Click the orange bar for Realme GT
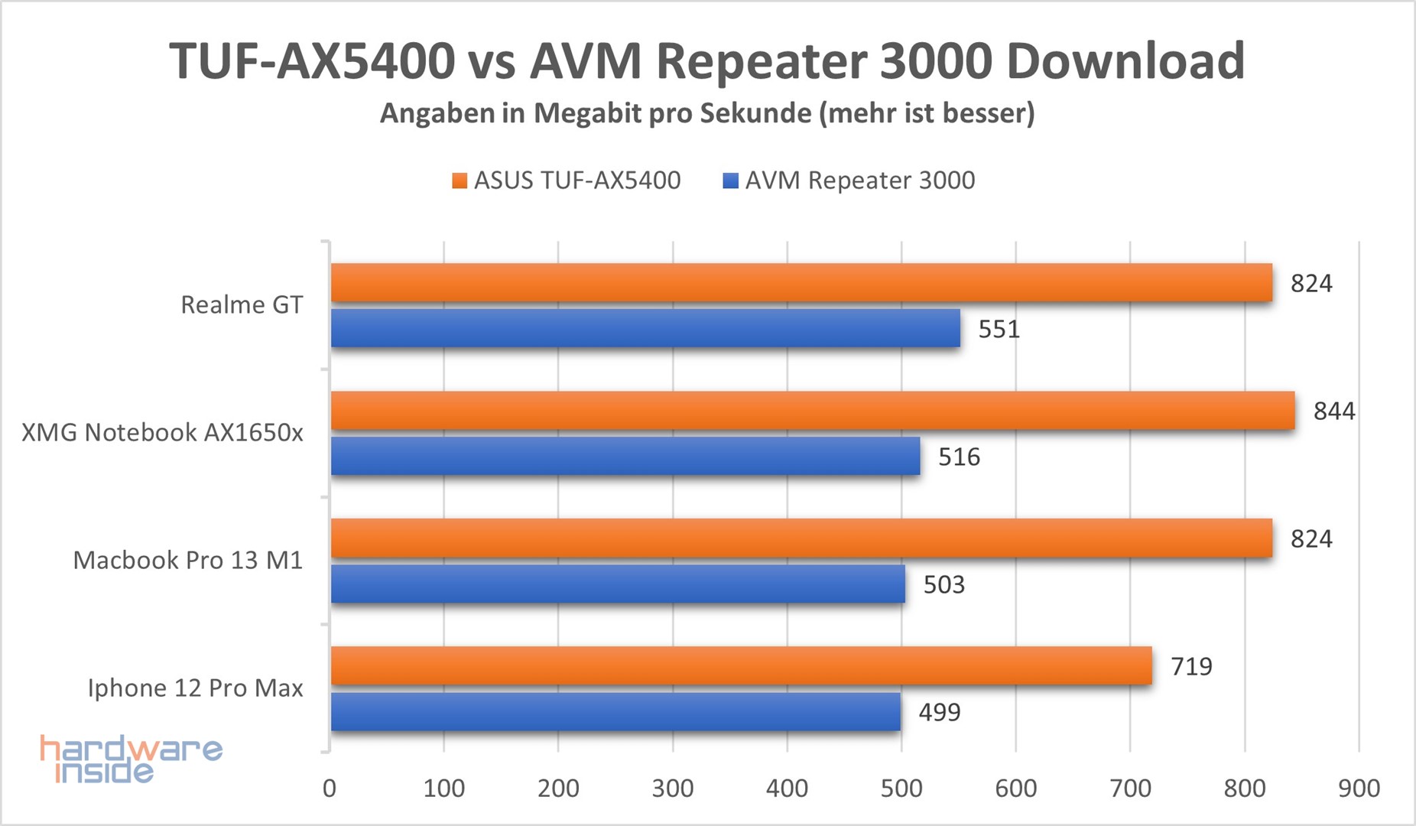(801, 283)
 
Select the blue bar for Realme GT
(645, 329)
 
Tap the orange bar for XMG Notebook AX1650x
(813, 411)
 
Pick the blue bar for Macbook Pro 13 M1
(618, 584)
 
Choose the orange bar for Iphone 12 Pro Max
(742, 666)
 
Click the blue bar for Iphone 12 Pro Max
(615, 712)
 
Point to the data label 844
(1334, 411)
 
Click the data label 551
(999, 330)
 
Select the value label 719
(1191, 667)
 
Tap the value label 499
(940, 713)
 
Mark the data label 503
(944, 585)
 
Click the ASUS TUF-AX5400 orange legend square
(460, 181)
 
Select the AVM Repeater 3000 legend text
(860, 180)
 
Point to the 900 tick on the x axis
(1359, 789)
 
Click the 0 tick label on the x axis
(330, 789)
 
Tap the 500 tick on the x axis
(901, 789)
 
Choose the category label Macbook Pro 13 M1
(188, 561)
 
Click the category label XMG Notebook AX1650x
(162, 433)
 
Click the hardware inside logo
(130, 759)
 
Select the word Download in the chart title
(1125, 61)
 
